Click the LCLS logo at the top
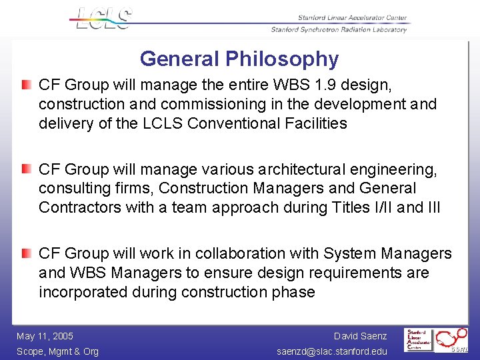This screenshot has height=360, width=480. click(x=101, y=18)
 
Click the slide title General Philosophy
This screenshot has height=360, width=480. click(x=239, y=59)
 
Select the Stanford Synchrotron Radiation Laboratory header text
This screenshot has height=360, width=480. click(x=339, y=29)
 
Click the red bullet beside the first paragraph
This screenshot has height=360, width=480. click(x=25, y=85)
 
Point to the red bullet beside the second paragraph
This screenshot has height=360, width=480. click(x=25, y=169)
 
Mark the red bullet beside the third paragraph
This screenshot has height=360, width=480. click(x=25, y=253)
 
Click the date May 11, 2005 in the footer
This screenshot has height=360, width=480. click(x=45, y=336)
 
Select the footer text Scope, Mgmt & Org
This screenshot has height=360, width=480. click(x=57, y=351)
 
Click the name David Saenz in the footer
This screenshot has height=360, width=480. click(x=360, y=336)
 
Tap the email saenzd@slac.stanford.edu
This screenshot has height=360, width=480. click(x=332, y=351)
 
